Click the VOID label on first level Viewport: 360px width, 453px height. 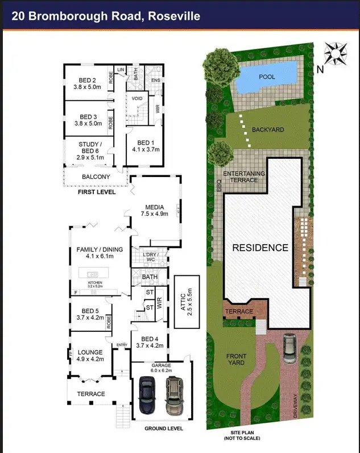pyautogui.click(x=137, y=98)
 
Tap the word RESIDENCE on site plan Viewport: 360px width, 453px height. pyautogui.click(x=260, y=248)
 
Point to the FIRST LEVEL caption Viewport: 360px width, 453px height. pyautogui.click(x=97, y=192)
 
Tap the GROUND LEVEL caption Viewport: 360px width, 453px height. pyautogui.click(x=163, y=428)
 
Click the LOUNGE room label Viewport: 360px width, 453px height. pyautogui.click(x=89, y=356)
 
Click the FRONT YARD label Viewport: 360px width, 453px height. pyautogui.click(x=233, y=359)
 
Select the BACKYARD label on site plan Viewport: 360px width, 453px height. pyautogui.click(x=268, y=130)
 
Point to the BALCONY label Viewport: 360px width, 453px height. pyautogui.click(x=96, y=177)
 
